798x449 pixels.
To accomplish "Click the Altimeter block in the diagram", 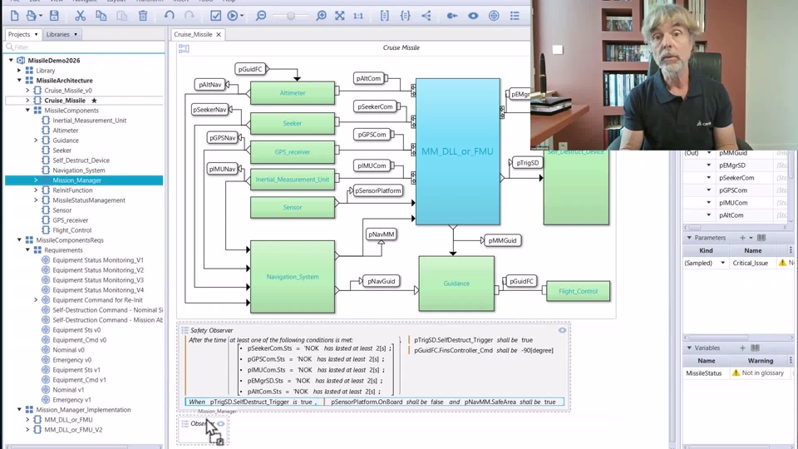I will pyautogui.click(x=293, y=93).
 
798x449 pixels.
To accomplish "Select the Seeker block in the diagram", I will pyautogui.click(x=293, y=124).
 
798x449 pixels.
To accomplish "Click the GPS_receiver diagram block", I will pyautogui.click(x=293, y=152).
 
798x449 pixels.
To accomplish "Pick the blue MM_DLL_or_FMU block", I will pyautogui.click(x=457, y=151).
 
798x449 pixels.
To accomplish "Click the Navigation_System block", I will pyautogui.click(x=293, y=277).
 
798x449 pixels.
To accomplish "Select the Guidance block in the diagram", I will pyautogui.click(x=456, y=284).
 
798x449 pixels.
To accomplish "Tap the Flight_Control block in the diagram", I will pyautogui.click(x=578, y=292).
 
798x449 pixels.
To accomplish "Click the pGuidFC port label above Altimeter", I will pyautogui.click(x=250, y=70).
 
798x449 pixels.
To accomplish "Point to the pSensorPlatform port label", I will pyautogui.click(x=379, y=191).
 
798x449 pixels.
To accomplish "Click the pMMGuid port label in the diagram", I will pyautogui.click(x=502, y=240).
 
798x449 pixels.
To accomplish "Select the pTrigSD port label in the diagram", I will pyautogui.click(x=527, y=163).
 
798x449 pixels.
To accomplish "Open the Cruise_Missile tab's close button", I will pyautogui.click(x=219, y=35).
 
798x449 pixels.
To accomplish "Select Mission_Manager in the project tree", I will pyautogui.click(x=76, y=180).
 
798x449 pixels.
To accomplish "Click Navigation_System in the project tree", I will pyautogui.click(x=78, y=170).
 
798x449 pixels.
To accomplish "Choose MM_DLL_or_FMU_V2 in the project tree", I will pyautogui.click(x=73, y=430).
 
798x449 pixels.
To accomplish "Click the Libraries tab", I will pyautogui.click(x=59, y=35).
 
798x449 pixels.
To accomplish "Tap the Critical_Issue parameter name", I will pyautogui.click(x=751, y=263).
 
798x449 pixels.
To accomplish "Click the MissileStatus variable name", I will pyautogui.click(x=704, y=373).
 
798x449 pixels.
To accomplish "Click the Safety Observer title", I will pyautogui.click(x=211, y=330).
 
